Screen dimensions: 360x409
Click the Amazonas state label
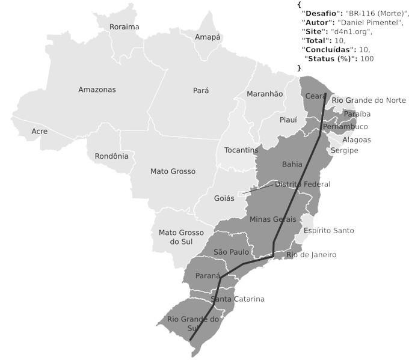[x=97, y=90]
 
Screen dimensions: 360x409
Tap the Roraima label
[x=124, y=27]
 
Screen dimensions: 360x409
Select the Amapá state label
[x=208, y=37]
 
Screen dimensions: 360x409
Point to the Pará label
[x=201, y=91]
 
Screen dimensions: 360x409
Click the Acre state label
[x=40, y=131]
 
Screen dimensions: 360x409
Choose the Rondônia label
[x=111, y=156]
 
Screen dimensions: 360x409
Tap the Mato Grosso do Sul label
[x=181, y=237]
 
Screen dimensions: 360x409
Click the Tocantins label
[x=241, y=150]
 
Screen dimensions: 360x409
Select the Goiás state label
[x=224, y=198]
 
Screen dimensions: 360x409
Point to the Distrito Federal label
[x=302, y=184]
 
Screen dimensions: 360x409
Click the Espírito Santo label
[x=328, y=231]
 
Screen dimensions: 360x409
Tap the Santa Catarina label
[x=238, y=299]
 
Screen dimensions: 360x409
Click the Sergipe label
[x=342, y=150]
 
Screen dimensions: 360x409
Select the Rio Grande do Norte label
[x=369, y=100]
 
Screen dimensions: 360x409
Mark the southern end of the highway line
[x=191, y=340]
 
